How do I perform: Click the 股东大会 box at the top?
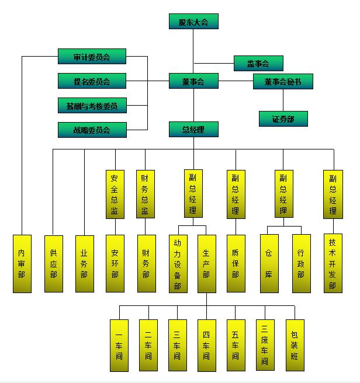[x=193, y=22]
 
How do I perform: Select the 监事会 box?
[x=258, y=63]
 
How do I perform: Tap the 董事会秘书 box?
[x=283, y=82]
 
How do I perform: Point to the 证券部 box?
[x=283, y=119]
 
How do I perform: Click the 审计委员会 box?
[x=92, y=57]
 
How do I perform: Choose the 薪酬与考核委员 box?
[x=92, y=106]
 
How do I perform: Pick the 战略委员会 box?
[x=92, y=130]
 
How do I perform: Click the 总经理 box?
[x=193, y=130]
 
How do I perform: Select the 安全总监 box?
[x=115, y=194]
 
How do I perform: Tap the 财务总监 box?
[x=146, y=194]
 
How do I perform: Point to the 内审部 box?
[x=22, y=263]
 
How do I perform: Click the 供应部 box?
[x=54, y=263]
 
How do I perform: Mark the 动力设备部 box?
[x=177, y=263]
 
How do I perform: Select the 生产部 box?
[x=206, y=263]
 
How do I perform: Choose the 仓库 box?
[x=269, y=263]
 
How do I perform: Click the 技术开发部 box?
[x=333, y=263]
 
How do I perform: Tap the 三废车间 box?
[x=265, y=345]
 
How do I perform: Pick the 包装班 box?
[x=295, y=345]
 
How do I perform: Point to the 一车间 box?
[x=119, y=345]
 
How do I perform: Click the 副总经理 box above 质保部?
[x=236, y=194]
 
